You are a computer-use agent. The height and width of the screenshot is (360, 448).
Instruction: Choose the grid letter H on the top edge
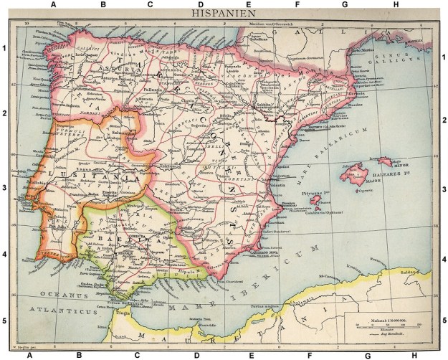coord(396,5)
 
